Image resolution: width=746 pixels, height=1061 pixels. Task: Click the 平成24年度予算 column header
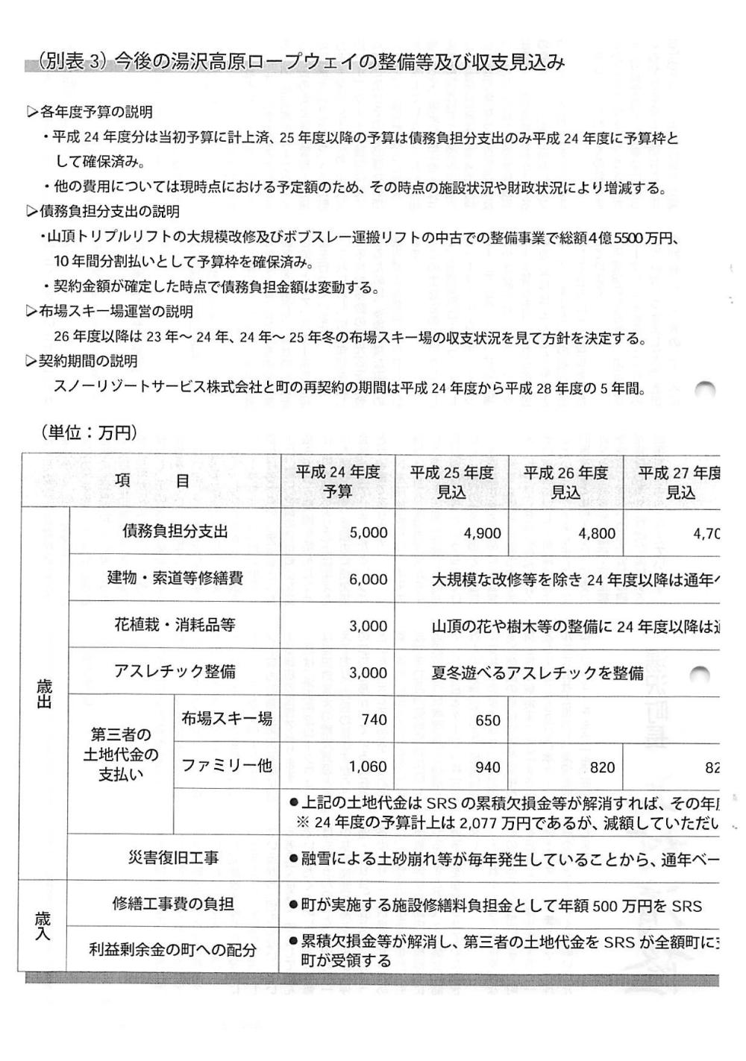click(338, 482)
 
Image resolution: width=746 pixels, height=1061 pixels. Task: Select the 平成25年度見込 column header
click(452, 482)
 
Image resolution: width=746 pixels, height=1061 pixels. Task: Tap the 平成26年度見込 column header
click(565, 482)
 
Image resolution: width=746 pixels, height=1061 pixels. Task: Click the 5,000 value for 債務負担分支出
click(369, 533)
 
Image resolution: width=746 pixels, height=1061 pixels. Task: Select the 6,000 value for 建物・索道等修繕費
click(369, 579)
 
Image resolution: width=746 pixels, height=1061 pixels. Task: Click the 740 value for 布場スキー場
click(374, 720)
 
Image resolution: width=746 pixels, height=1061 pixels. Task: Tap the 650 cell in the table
click(487, 720)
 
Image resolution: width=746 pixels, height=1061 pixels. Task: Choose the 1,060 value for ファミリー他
click(369, 767)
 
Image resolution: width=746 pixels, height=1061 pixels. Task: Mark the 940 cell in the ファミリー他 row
click(487, 767)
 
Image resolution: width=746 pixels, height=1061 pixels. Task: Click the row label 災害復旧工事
click(174, 858)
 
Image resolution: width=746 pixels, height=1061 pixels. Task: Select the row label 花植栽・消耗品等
click(175, 625)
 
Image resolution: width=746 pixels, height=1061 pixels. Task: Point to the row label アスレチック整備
click(175, 672)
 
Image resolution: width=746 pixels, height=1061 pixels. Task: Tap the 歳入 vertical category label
click(43, 926)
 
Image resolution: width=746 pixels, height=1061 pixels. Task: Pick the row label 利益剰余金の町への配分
click(173, 950)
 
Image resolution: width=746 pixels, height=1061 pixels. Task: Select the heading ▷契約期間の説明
click(81, 362)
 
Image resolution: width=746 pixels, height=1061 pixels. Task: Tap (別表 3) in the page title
click(72, 62)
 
